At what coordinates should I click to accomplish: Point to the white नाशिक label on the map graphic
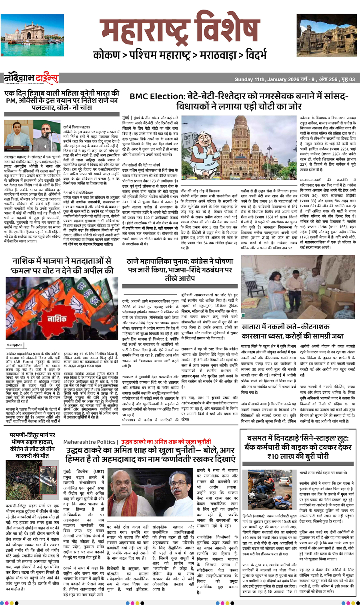pos(57,319)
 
